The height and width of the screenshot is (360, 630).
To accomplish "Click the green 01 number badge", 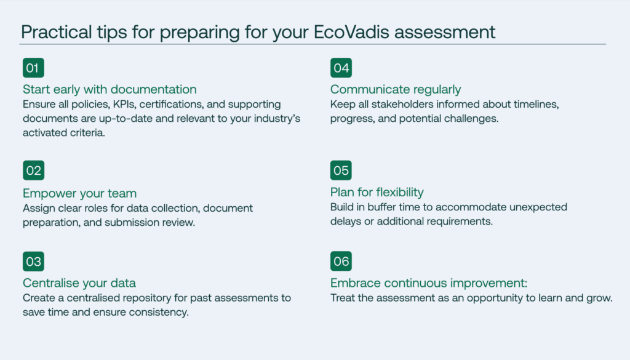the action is (x=33, y=68).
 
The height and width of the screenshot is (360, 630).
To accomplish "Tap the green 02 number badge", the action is (x=33, y=170).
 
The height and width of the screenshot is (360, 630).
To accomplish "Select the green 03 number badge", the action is (x=33, y=262).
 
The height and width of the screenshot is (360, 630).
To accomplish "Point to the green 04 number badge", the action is (x=341, y=68).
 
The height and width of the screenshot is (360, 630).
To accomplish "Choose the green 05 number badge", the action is (x=341, y=170).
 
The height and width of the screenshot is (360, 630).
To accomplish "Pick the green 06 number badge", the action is (x=341, y=261).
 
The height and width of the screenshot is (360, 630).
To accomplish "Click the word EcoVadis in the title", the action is (x=351, y=32).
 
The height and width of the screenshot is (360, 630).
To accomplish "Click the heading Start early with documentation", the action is (x=110, y=89).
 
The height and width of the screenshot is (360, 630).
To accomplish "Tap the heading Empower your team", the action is (x=79, y=193).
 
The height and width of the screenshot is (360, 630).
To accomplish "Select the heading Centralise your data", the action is (x=79, y=283).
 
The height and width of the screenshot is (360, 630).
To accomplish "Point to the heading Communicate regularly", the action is (x=396, y=89).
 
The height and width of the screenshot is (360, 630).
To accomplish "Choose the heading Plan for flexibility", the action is (x=377, y=192).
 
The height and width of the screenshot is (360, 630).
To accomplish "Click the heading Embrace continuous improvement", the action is (x=429, y=283).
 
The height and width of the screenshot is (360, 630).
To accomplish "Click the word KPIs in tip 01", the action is (x=124, y=105).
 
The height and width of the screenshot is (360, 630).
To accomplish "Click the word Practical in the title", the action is (x=56, y=32).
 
